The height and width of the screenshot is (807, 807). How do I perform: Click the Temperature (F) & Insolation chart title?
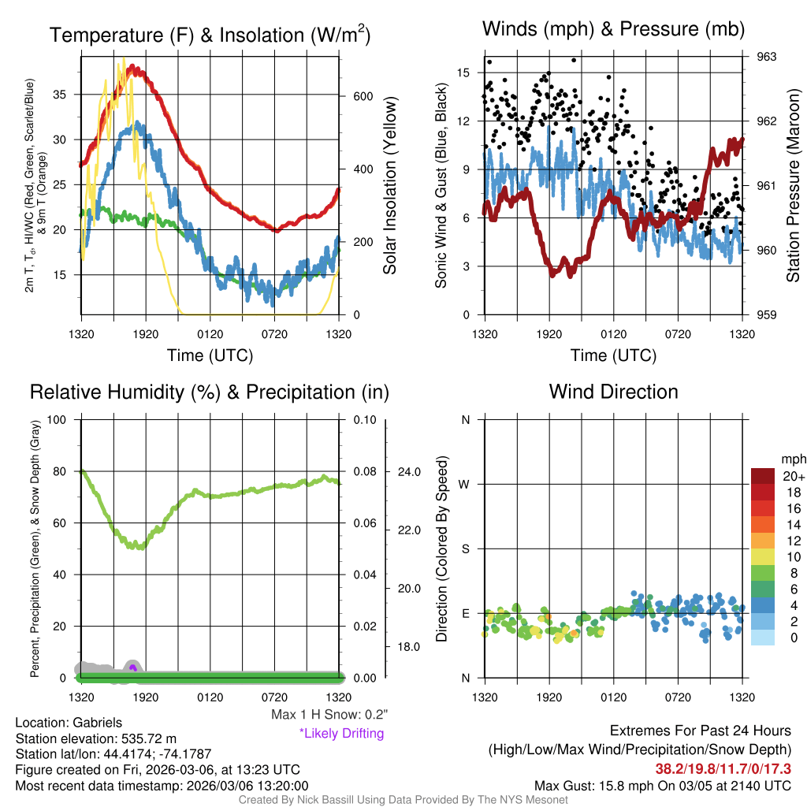[x=210, y=35]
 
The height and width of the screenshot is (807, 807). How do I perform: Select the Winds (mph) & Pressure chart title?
[x=613, y=29]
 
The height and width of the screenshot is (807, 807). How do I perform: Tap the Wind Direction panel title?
[x=613, y=392]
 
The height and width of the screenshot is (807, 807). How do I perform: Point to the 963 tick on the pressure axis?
[x=767, y=57]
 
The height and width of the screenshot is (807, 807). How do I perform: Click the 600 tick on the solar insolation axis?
[x=362, y=97]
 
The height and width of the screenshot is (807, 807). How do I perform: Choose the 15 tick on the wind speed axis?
[x=463, y=73]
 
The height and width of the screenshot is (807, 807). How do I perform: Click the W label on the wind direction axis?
[x=465, y=484]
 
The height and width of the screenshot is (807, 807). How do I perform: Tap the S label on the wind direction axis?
[x=466, y=549]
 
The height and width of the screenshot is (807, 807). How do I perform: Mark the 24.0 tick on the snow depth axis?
[x=411, y=472]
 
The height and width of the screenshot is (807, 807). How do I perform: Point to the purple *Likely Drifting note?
[x=341, y=734]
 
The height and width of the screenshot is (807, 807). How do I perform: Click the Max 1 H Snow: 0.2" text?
[x=329, y=715]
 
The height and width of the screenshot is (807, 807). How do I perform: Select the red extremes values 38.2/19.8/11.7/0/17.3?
[x=723, y=768]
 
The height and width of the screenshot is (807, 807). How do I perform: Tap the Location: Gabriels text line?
[x=69, y=723]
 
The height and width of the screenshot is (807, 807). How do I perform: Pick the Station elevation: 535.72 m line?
[x=94, y=738]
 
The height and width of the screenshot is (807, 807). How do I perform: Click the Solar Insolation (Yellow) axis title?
[x=390, y=185]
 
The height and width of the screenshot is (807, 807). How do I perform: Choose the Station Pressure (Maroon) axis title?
[x=793, y=185]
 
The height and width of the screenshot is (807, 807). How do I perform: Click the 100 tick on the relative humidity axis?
[x=62, y=419]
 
